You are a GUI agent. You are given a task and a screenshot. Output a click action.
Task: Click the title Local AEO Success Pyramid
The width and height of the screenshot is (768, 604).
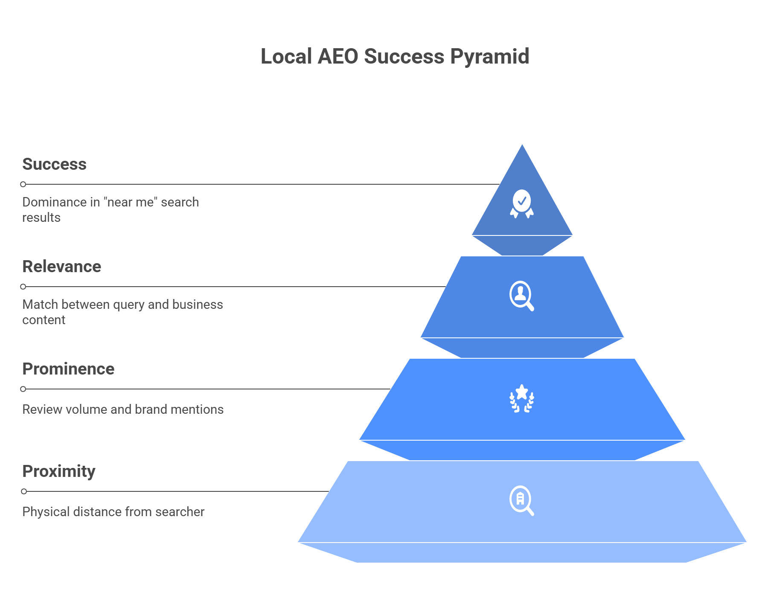tap(395, 57)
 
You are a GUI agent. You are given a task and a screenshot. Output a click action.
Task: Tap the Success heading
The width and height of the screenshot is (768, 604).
tap(54, 164)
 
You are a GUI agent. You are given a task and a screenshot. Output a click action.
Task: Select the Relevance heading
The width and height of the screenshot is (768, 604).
tap(61, 267)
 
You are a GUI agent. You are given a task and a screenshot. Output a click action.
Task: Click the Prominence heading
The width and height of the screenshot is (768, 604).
tap(68, 369)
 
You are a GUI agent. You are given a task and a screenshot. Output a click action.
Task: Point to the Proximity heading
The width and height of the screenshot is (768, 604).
tap(59, 471)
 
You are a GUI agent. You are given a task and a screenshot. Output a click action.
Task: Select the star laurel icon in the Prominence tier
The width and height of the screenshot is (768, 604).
tap(522, 399)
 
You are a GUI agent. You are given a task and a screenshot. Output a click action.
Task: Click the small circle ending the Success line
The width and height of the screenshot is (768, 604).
tap(23, 184)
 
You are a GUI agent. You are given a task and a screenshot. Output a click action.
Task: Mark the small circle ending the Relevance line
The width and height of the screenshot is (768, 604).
tap(23, 287)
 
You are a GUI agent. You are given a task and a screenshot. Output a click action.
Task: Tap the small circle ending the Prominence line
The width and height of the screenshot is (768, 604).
tap(23, 389)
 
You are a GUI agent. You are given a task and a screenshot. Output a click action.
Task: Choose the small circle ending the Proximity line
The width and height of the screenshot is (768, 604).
tap(24, 491)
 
